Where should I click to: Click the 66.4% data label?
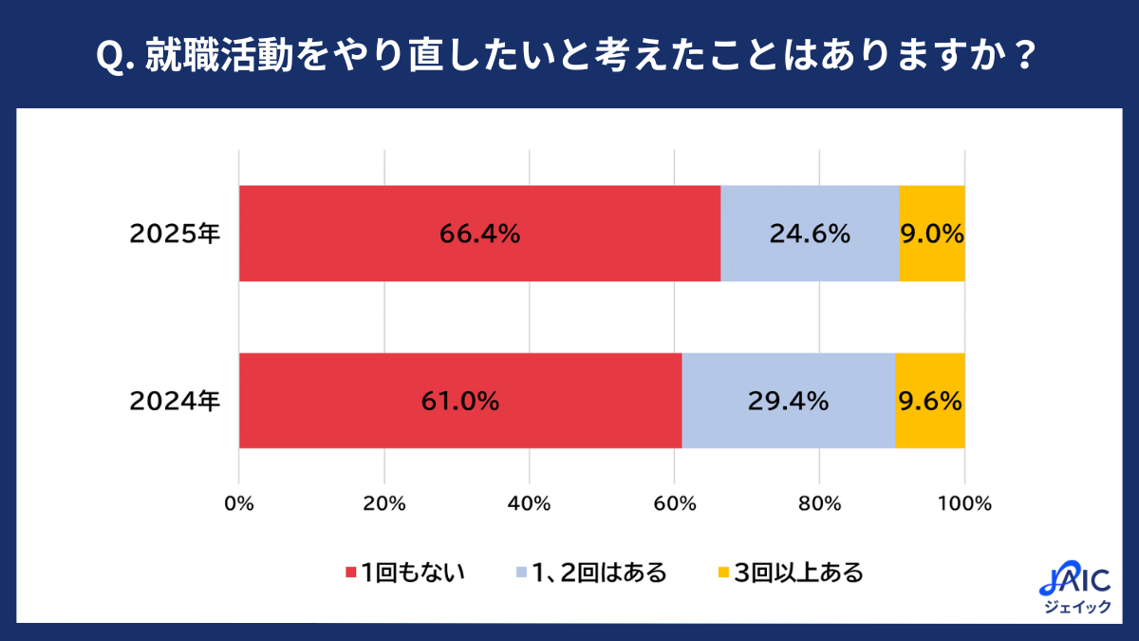point(479,234)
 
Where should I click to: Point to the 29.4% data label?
point(789,401)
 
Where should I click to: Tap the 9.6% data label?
point(930,401)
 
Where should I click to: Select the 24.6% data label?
point(810,234)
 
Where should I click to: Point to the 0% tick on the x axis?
point(239,504)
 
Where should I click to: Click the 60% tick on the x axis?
point(674,504)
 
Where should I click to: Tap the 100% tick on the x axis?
point(964,504)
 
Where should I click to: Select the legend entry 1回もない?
point(404,573)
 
